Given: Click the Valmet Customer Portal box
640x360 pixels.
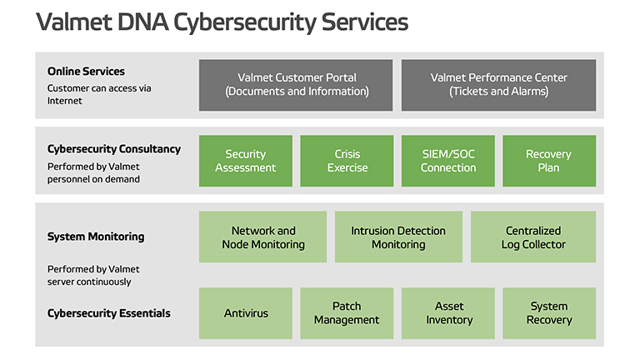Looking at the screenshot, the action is (296, 85).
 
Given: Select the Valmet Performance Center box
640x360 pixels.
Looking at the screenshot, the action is (499, 85).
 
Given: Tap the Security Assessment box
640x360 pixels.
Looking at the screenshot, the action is (246, 161).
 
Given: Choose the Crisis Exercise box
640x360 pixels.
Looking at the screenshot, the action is (347, 161).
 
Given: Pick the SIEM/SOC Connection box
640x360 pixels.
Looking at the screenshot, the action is (448, 161).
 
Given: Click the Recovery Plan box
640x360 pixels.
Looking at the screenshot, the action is (549, 161).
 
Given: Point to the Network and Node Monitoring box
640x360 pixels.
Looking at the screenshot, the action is (262, 237).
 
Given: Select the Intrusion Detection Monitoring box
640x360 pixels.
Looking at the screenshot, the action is (399, 237).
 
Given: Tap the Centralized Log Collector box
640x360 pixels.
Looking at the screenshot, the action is (533, 237).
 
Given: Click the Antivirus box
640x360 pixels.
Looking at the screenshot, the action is (246, 313).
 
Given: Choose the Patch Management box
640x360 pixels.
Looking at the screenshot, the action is (347, 313).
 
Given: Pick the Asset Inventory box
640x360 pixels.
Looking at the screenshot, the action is (448, 313).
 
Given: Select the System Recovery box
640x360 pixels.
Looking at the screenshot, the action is (549, 313).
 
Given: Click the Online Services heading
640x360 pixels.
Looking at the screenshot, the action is (86, 72).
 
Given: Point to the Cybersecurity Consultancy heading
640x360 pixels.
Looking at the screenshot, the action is (114, 149).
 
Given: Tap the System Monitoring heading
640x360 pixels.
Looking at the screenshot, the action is (96, 237).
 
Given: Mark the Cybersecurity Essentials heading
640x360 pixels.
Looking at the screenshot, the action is (109, 313).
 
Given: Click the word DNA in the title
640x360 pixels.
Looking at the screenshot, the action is (142, 22).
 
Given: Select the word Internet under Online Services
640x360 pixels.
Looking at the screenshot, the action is (64, 101).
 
